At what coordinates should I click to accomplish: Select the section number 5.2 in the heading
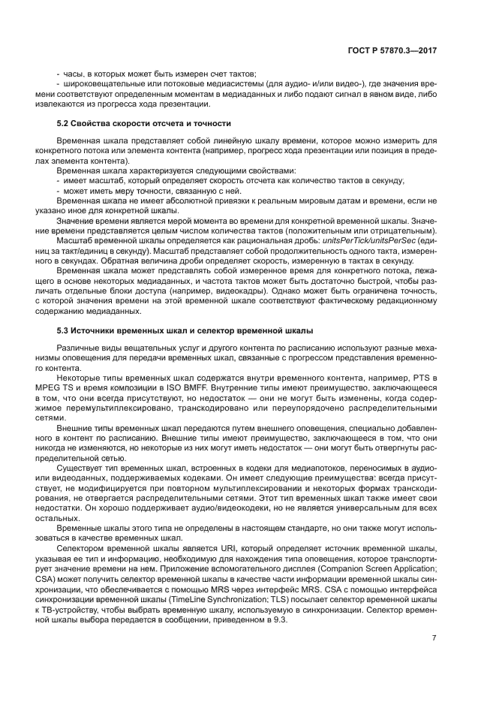click(65, 122)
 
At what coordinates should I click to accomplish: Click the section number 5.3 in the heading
click(65, 330)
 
